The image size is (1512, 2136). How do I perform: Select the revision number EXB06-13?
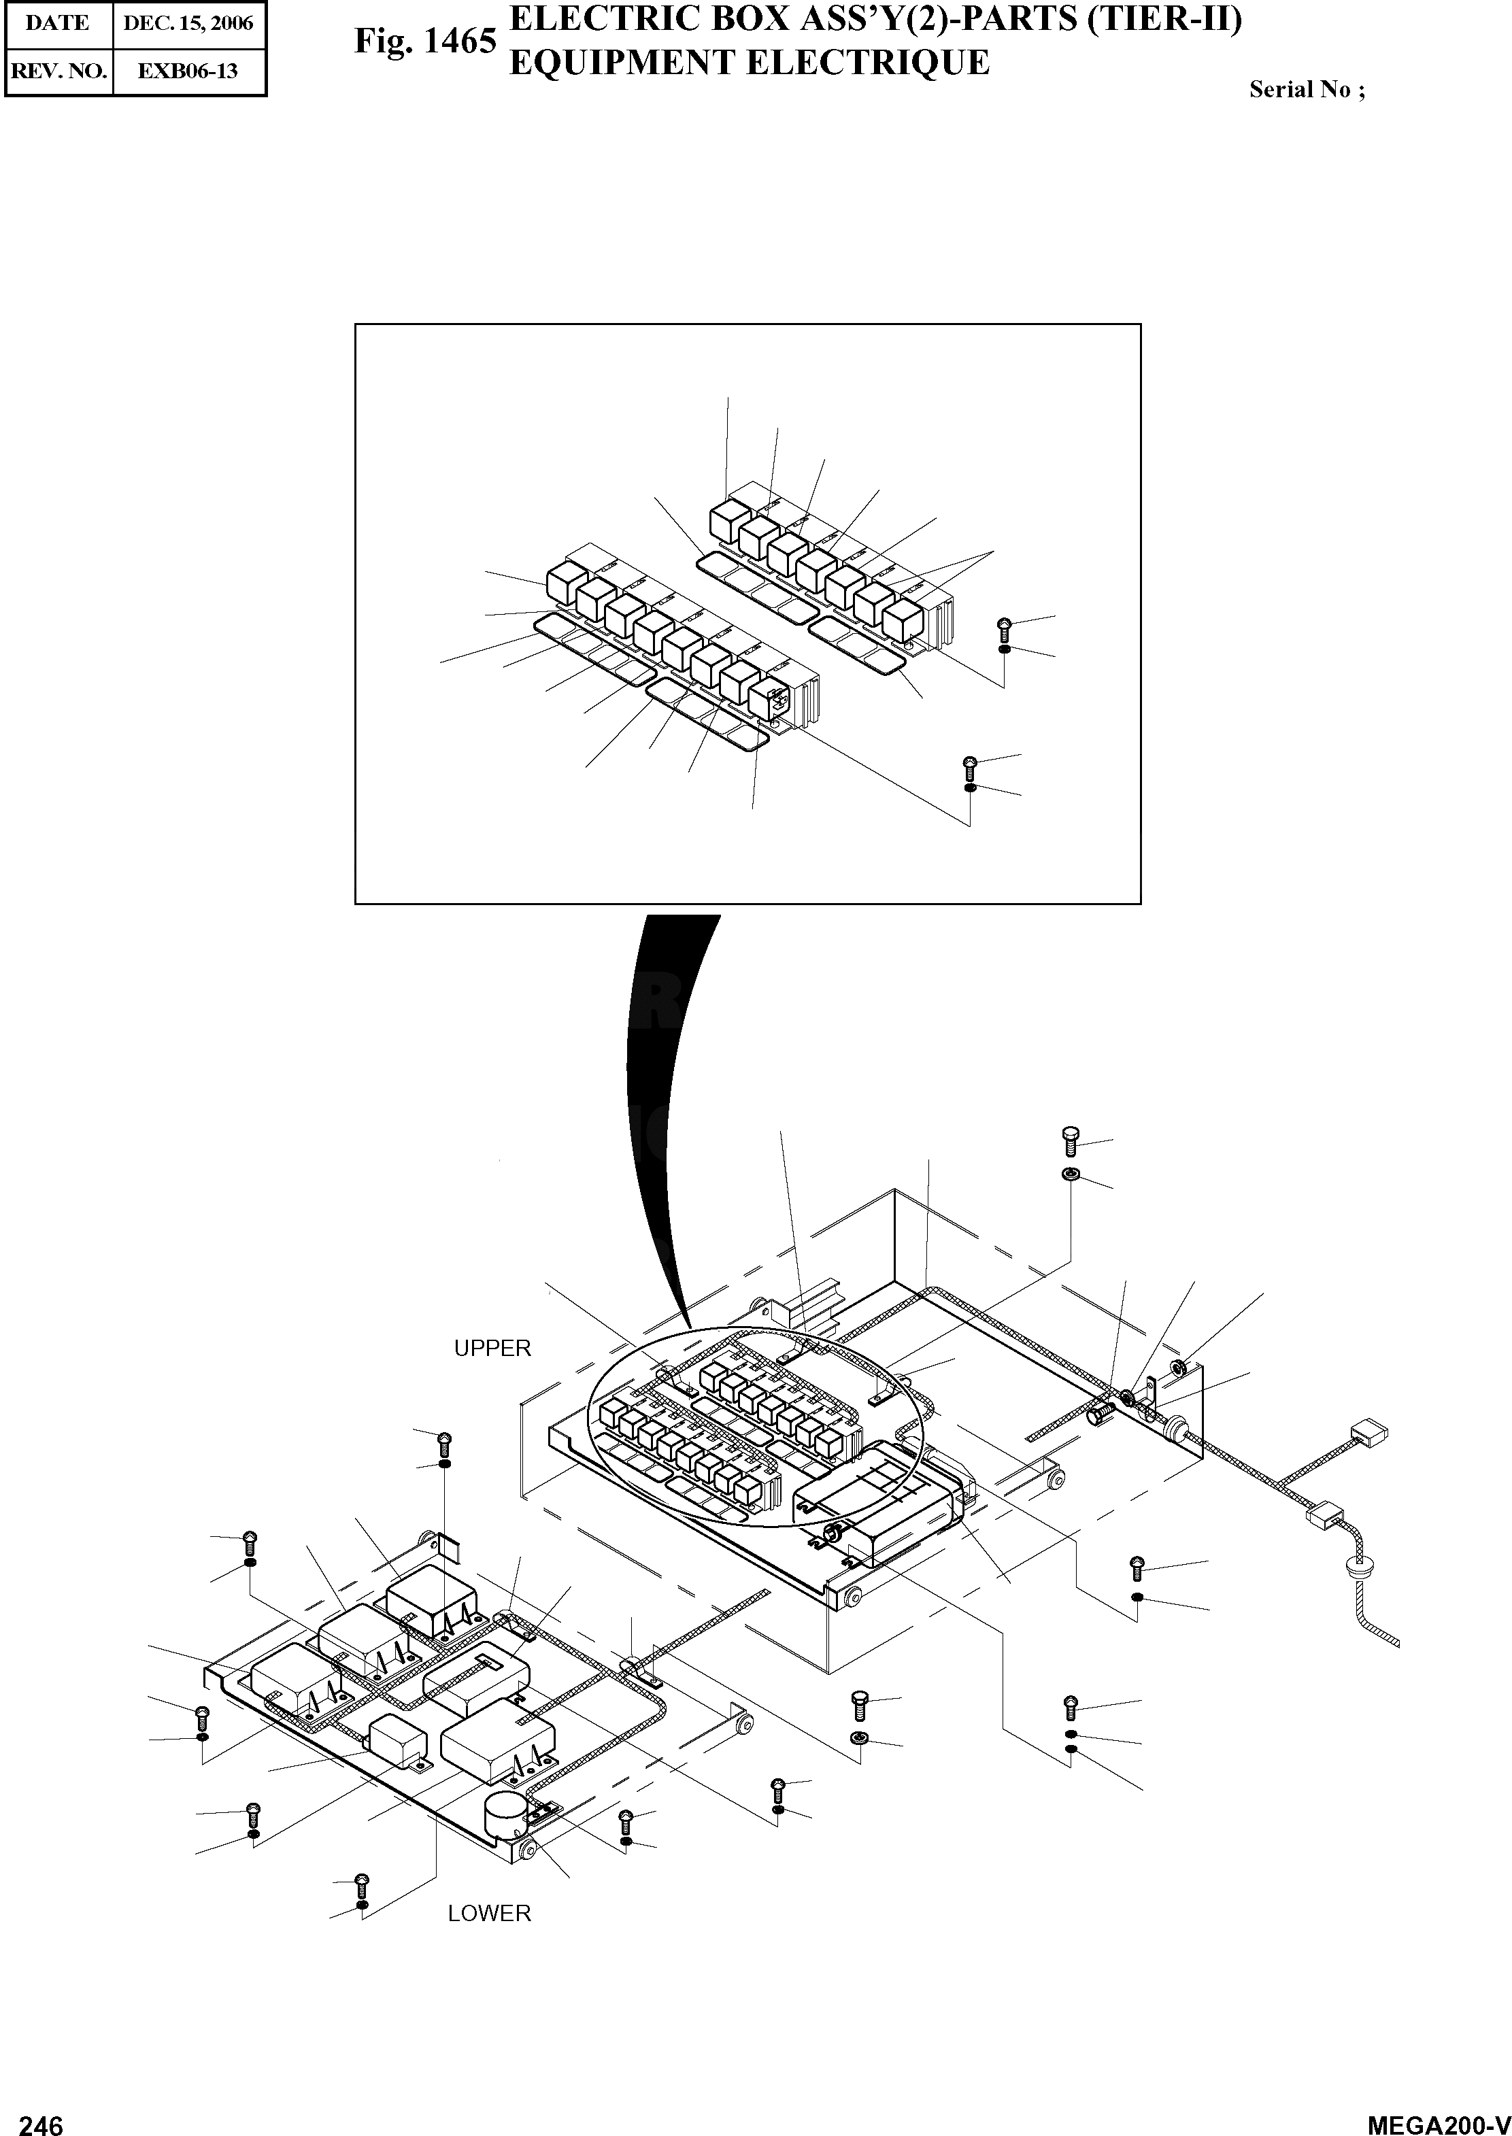coord(188,71)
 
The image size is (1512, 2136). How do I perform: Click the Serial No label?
coord(1306,90)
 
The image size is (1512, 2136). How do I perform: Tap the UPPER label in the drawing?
coord(492,1349)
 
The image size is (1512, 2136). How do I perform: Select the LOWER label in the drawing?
coord(489,1914)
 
